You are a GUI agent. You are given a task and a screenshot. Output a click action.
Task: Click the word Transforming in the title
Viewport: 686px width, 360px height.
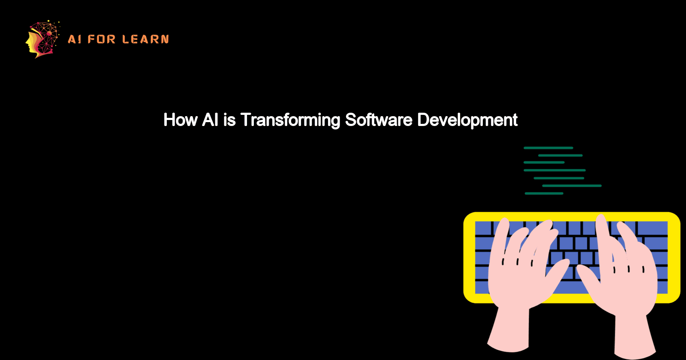[290, 120]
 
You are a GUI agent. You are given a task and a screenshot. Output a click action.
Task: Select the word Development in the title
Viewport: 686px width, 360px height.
[467, 120]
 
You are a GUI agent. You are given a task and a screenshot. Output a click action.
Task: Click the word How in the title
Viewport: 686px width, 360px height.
[180, 120]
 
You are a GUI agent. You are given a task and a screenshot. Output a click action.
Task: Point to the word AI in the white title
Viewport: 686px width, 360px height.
[210, 120]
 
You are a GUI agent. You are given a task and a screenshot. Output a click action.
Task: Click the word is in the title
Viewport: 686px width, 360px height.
[229, 120]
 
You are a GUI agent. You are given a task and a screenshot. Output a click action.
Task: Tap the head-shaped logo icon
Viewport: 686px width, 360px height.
[42, 39]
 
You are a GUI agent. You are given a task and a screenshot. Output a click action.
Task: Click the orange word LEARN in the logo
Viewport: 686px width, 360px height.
[146, 39]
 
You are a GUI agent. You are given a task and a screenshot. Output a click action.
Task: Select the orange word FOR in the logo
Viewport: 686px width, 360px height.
[102, 39]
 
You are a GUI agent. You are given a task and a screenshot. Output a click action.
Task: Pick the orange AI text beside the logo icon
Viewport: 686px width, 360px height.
[75, 39]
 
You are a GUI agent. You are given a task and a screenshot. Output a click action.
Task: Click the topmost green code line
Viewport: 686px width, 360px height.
[548, 148]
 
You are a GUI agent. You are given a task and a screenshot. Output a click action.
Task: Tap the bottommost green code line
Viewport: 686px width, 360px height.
[544, 194]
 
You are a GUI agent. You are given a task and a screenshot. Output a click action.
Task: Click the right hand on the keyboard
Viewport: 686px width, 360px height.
[626, 274]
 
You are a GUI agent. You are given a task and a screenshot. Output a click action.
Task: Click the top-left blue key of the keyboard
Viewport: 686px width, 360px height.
[483, 228]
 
